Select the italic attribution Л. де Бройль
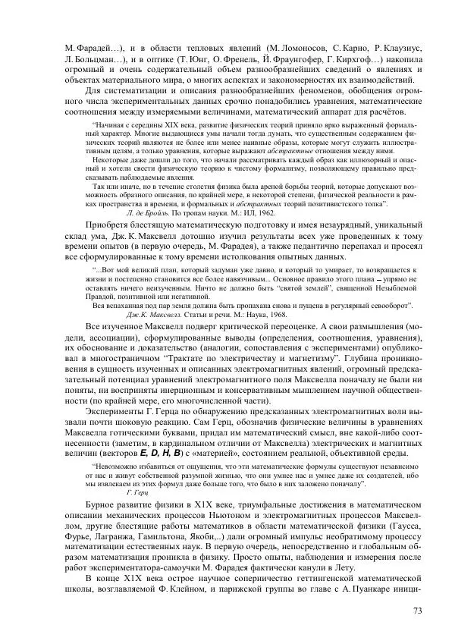coord(150,214)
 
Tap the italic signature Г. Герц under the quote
coord(136,492)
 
